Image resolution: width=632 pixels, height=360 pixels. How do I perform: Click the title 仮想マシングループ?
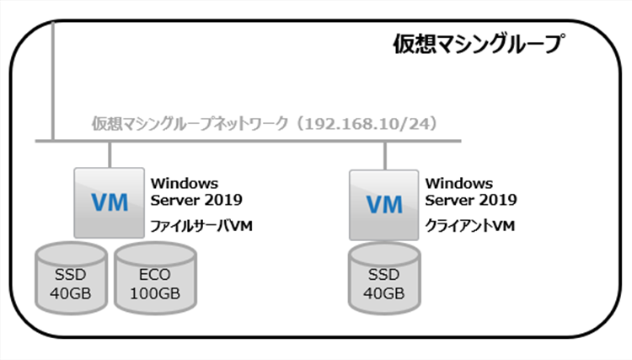[478, 44]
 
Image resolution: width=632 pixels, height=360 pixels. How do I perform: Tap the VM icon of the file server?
[109, 202]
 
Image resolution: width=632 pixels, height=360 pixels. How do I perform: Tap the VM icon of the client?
[384, 203]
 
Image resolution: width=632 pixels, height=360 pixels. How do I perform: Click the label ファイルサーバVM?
[201, 226]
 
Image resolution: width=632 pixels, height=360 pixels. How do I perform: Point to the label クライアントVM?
[470, 226]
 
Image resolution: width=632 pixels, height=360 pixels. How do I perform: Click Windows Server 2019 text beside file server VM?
[195, 191]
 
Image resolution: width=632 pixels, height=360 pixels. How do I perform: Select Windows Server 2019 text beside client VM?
[471, 191]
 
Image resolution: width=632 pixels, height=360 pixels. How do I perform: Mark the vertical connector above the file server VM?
[110, 153]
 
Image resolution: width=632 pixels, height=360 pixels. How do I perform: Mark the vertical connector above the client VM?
[385, 153]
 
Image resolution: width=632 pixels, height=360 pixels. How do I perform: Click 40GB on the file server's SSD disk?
[70, 293]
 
